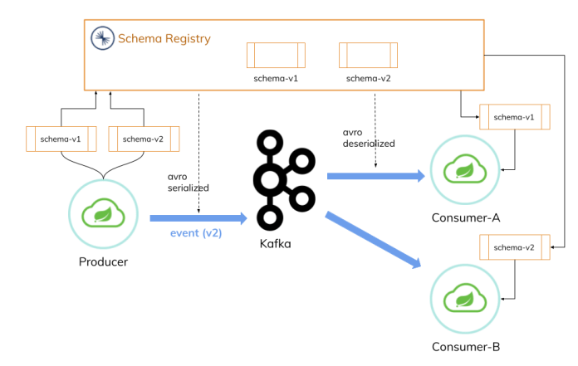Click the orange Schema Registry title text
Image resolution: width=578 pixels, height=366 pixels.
(164, 39)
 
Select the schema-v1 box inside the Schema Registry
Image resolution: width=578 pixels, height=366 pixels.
(275, 56)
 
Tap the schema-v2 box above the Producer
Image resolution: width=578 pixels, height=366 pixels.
(144, 139)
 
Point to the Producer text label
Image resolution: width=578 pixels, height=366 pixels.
(104, 262)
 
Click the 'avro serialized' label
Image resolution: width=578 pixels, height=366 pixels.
(188, 182)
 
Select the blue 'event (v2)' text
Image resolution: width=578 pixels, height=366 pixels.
(196, 233)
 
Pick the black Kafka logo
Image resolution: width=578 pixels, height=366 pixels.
(279, 178)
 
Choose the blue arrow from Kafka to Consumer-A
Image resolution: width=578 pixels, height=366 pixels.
(375, 176)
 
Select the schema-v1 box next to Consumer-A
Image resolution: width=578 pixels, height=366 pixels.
(514, 117)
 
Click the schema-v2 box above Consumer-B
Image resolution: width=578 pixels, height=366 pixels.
(514, 247)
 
